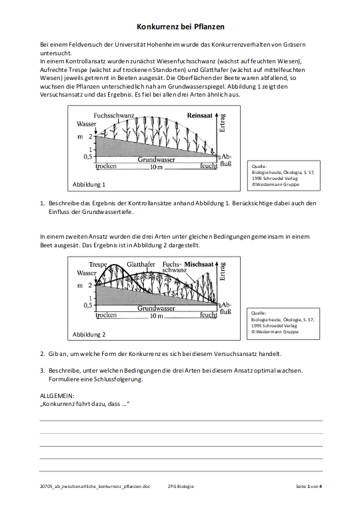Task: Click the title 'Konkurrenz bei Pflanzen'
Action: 180,27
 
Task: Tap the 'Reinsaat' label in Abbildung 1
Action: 199,115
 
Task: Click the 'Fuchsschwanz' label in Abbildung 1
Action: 114,115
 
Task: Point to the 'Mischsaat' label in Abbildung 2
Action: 199,264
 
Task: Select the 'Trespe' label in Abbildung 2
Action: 98,264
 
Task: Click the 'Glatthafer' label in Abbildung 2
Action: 141,264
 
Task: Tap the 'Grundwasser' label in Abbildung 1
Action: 156,160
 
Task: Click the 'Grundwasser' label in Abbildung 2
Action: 156,308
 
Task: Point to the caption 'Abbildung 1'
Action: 89,185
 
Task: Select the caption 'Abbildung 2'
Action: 89,335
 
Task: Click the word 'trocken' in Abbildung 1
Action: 106,166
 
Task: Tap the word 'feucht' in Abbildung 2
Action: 209,315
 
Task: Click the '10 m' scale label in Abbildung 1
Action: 156,167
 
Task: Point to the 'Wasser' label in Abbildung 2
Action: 87,273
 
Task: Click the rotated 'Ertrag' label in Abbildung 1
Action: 223,123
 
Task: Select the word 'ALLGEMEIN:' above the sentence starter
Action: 57,396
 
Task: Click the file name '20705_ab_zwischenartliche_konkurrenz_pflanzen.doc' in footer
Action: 95,486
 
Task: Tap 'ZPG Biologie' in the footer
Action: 181,486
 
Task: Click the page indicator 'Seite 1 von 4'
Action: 309,486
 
